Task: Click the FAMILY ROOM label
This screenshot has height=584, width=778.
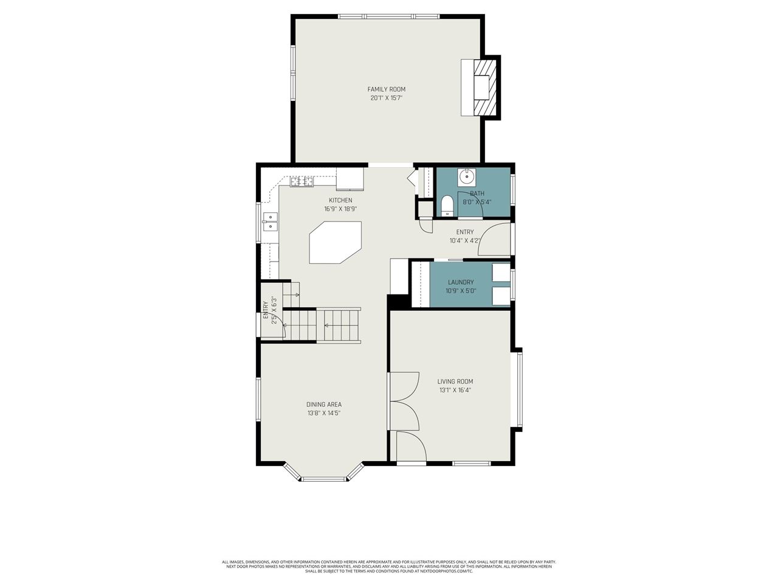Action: coord(386,89)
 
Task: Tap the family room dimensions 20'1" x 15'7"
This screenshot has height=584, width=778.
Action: coord(386,98)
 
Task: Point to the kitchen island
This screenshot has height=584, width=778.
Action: coord(335,242)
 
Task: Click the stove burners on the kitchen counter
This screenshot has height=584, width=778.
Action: coord(301,181)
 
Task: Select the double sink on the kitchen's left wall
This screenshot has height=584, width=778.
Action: coord(269,222)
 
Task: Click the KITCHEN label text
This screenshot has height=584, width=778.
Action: coord(340,201)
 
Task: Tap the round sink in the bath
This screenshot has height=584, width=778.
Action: coord(467,177)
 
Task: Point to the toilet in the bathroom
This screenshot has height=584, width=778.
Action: coord(447,206)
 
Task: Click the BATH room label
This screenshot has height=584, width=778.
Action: coord(477,194)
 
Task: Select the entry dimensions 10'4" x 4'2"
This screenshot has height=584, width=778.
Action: coord(465,241)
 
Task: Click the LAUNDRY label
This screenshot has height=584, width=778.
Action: coord(461,282)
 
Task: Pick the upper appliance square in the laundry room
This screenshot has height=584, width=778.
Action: coord(501,273)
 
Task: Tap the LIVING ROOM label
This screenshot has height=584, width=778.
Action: coord(455,382)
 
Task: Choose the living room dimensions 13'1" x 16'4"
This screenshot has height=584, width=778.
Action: coord(455,391)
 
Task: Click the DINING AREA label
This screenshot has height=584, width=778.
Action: coord(323,405)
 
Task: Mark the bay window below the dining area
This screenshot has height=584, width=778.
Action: coord(324,479)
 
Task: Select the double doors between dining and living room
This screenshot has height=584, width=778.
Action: coord(403,401)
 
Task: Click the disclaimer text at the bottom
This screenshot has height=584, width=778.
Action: coord(388,566)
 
